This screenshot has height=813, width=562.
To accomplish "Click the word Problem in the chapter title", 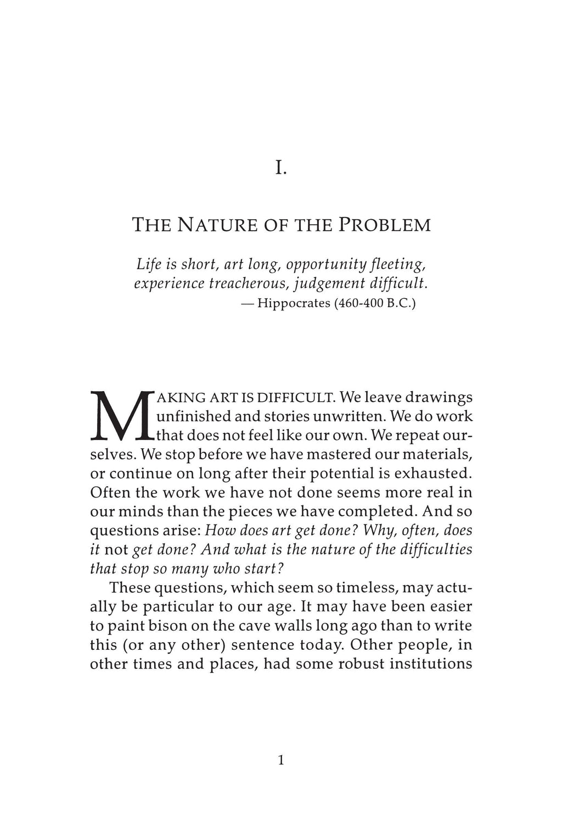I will pos(384,225).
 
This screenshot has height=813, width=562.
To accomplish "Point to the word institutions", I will pos(431,663).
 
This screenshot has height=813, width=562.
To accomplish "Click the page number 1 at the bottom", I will pos(281,761).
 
